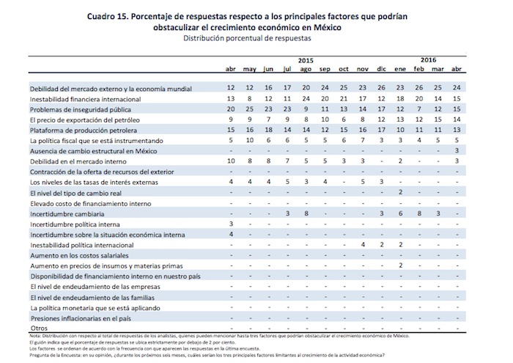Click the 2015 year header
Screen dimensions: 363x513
coord(306,59)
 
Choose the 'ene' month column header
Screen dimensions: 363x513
coord(400,69)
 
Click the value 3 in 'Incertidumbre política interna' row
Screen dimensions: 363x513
coord(231,223)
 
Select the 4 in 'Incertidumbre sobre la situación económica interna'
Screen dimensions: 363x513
coord(231,233)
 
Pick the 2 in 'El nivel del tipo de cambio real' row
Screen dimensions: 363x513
coord(401,191)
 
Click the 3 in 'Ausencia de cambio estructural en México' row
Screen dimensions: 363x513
coord(457,150)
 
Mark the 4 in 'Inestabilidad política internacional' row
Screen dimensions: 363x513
coord(363,243)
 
